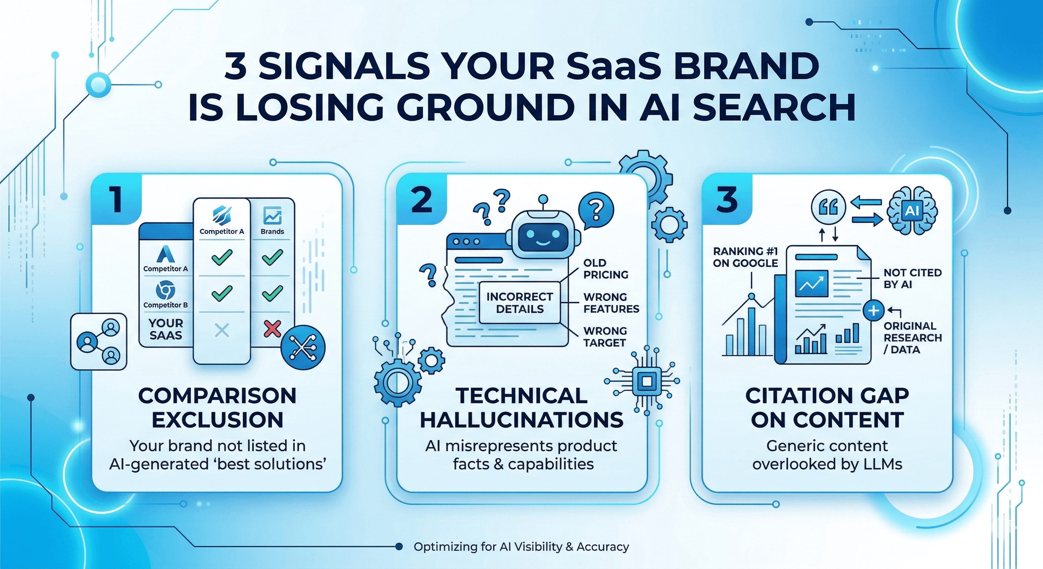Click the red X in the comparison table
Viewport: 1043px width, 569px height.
point(272,329)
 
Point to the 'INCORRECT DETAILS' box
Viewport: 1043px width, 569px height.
point(520,303)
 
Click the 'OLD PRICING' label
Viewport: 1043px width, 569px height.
point(606,269)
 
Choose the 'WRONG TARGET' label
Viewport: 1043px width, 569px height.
point(605,337)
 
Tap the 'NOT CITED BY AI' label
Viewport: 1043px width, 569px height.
point(912,279)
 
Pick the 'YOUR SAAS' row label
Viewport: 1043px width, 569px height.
point(166,329)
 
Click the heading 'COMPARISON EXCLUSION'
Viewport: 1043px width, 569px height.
point(217,407)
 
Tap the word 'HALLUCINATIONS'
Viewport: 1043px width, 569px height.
point(522,420)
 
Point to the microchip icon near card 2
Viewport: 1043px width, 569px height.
point(647,381)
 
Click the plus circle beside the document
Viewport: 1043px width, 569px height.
point(873,311)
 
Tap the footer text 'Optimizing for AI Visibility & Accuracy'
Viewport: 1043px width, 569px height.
point(521,547)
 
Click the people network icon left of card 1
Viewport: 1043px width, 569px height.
point(99,342)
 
